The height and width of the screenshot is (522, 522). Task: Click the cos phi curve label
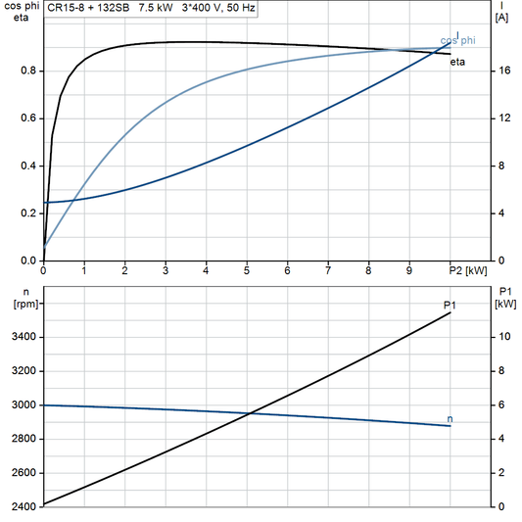click(x=457, y=40)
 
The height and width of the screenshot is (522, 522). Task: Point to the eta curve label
click(x=457, y=62)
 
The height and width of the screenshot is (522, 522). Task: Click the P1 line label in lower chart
click(x=450, y=306)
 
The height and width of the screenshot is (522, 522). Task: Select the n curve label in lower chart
click(x=450, y=419)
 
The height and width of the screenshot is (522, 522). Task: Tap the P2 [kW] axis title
click(x=468, y=270)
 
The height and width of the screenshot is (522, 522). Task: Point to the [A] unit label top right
click(x=502, y=17)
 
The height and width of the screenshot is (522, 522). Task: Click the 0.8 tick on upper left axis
click(x=28, y=71)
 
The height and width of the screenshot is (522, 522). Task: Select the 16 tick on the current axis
click(x=501, y=71)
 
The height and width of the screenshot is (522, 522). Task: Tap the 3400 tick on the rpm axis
click(x=24, y=337)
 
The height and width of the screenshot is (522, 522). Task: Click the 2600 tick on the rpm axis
click(x=24, y=473)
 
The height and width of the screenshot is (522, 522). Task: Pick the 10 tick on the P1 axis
click(x=501, y=337)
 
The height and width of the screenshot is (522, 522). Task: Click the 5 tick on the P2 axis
click(x=247, y=270)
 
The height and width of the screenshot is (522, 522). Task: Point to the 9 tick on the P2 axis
click(x=409, y=270)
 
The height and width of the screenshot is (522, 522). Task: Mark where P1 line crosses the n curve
click(x=252, y=412)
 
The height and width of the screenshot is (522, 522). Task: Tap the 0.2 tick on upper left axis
click(x=28, y=214)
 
